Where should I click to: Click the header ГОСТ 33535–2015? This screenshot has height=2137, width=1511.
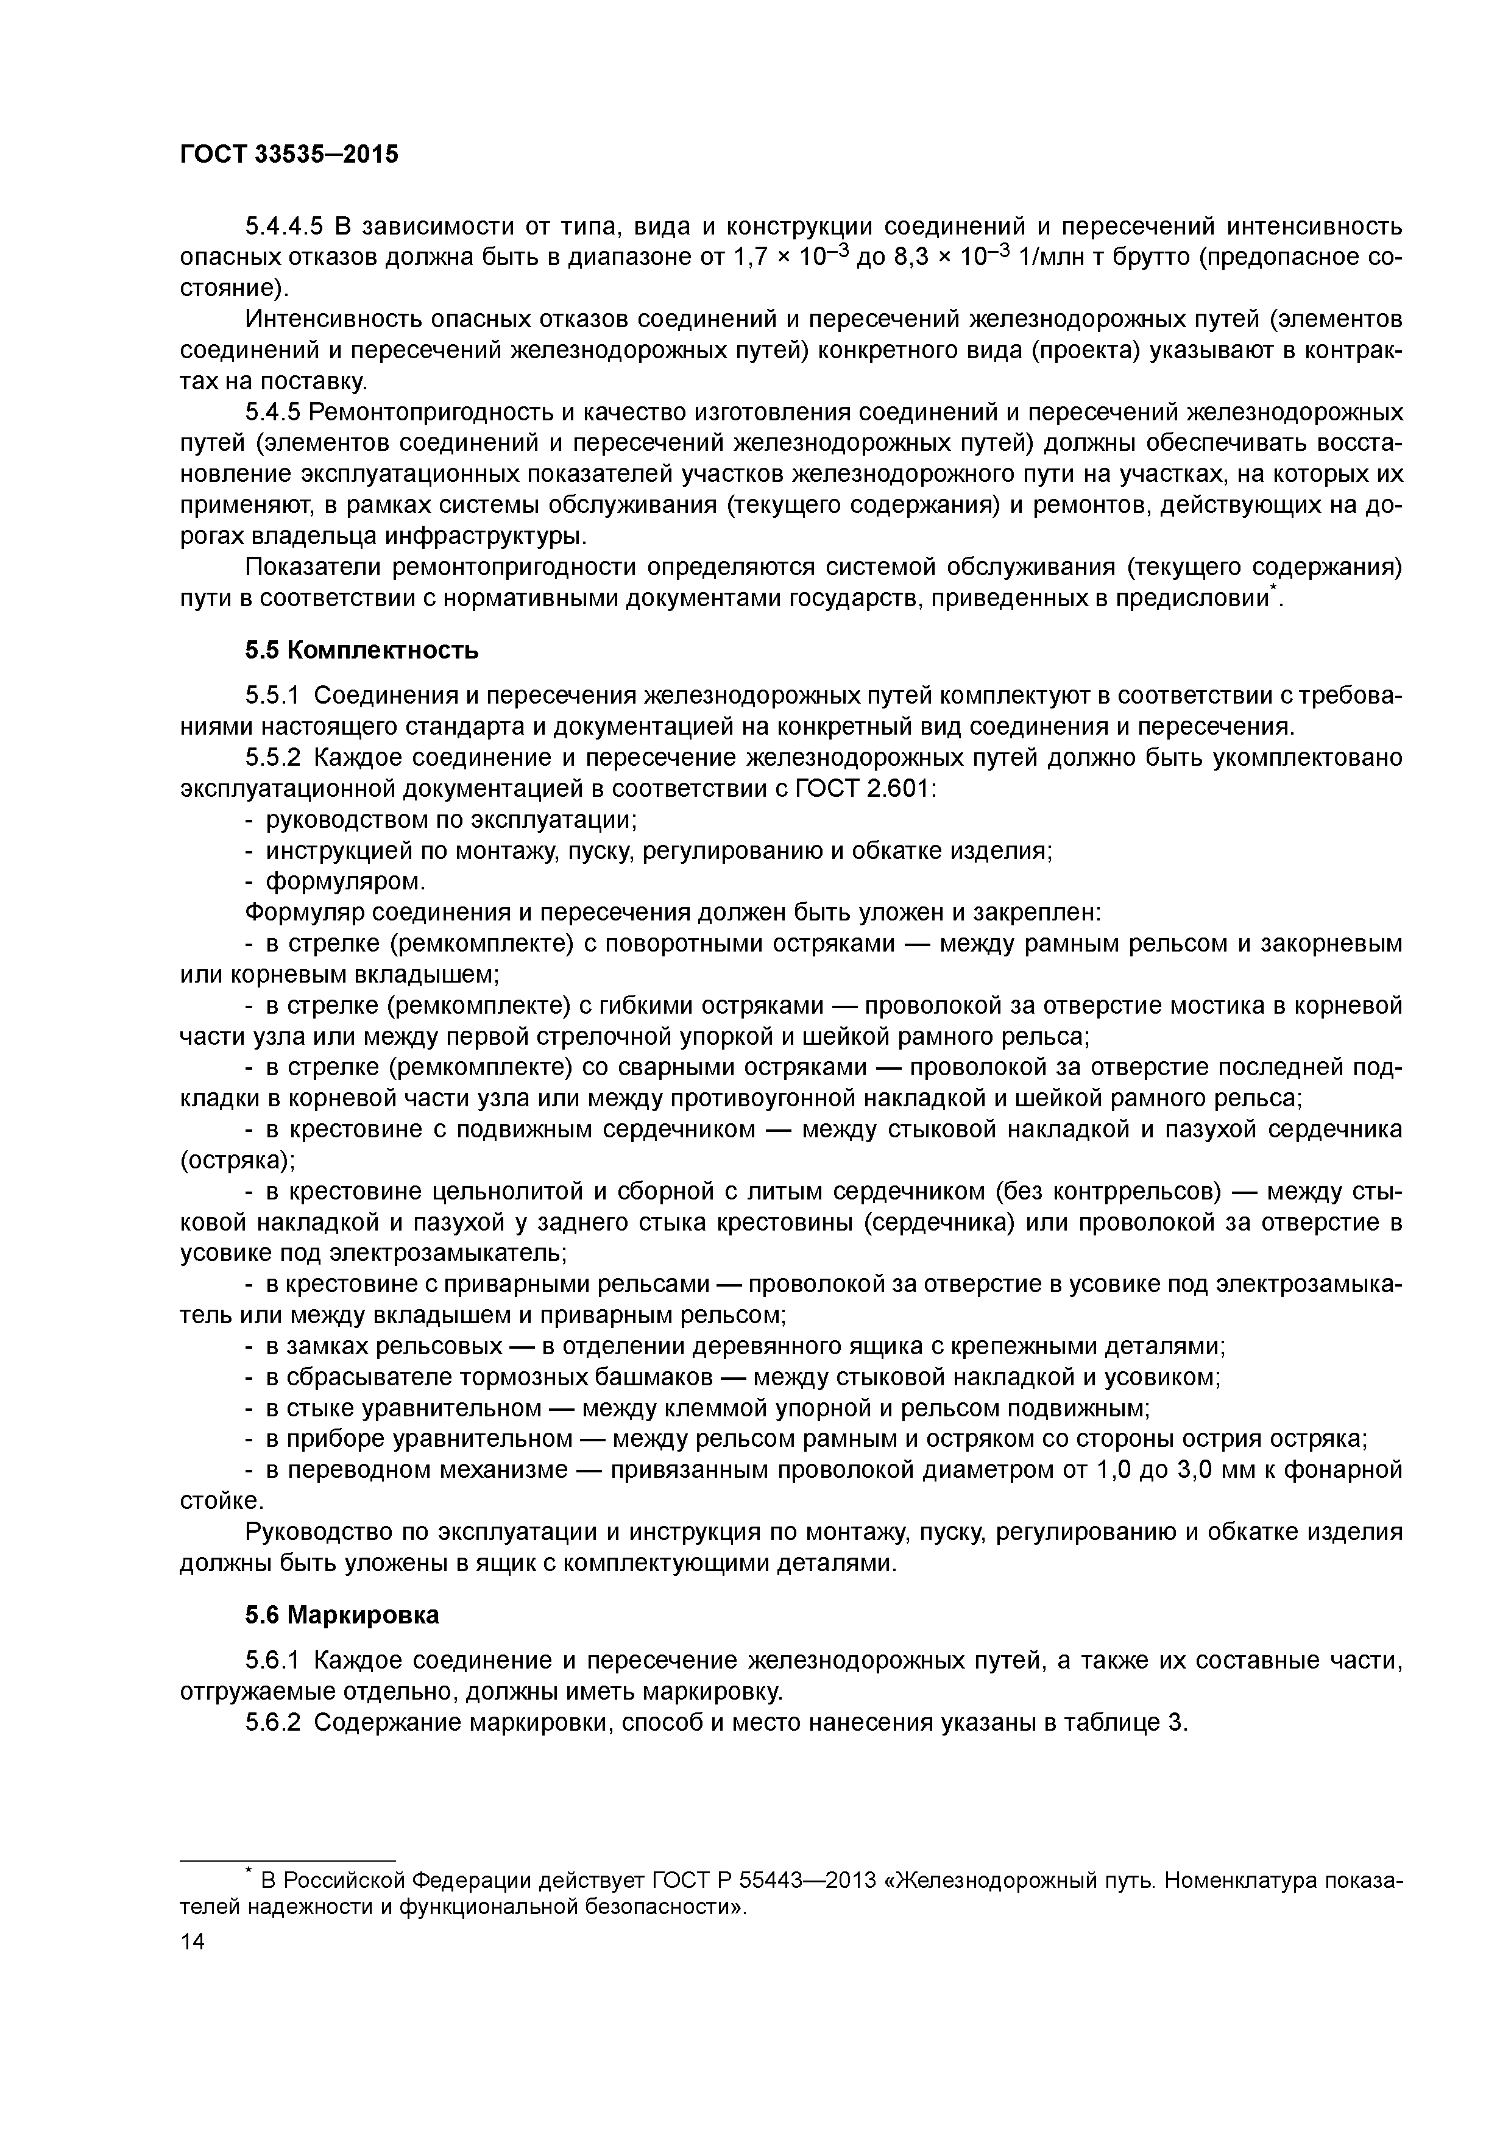(x=289, y=154)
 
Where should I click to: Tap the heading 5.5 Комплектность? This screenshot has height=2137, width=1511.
(x=362, y=649)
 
